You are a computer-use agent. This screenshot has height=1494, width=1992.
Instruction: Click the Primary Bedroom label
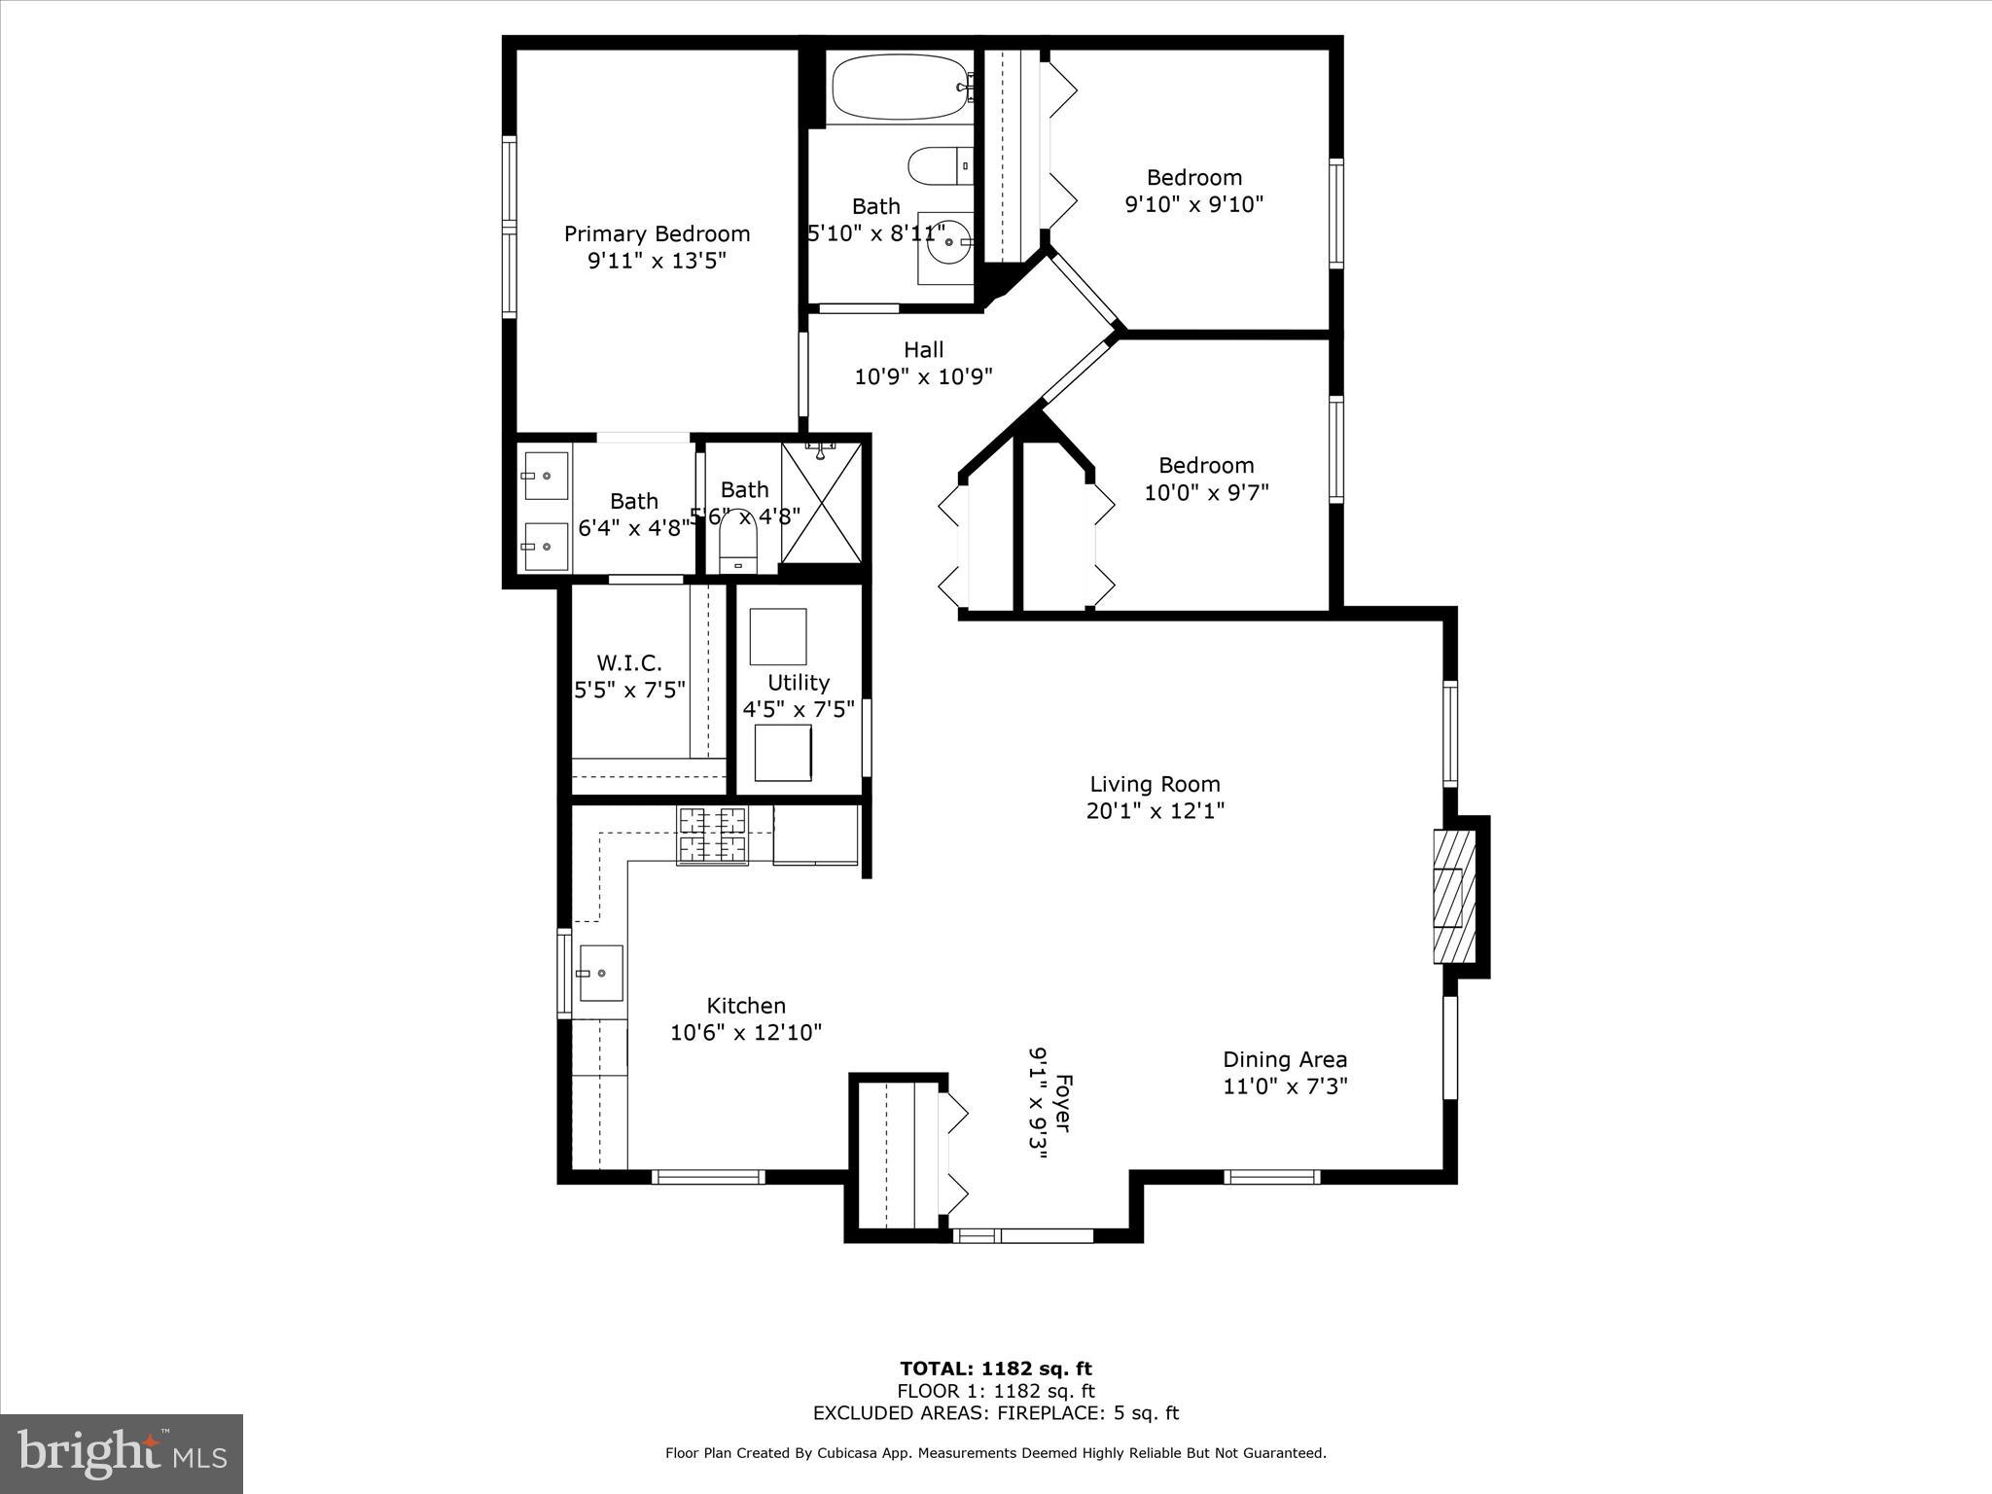657,234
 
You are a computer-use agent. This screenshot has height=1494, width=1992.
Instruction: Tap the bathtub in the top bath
899,88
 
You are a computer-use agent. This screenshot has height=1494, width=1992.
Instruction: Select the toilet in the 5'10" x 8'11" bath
940,165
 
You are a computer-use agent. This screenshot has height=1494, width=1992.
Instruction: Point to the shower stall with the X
821,503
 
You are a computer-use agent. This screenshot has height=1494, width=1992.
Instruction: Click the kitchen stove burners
712,835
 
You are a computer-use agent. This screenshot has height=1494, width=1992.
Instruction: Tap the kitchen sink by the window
600,973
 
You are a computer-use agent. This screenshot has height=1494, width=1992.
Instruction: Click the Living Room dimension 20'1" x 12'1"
1155,810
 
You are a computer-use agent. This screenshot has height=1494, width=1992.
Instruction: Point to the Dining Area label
1285,1059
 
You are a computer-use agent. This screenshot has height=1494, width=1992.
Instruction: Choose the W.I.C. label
629,663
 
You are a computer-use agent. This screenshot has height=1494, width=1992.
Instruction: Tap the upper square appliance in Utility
778,636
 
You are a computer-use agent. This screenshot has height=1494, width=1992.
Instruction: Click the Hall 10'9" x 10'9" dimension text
923,376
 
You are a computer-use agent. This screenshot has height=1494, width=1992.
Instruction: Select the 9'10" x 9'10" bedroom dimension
1193,204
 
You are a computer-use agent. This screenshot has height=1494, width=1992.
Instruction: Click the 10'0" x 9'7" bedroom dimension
1206,492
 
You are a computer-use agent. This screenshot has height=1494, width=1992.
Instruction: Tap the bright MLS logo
122,1453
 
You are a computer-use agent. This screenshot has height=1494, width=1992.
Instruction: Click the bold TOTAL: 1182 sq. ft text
995,1369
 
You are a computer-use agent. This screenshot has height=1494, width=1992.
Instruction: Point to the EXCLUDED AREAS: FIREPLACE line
995,1413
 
